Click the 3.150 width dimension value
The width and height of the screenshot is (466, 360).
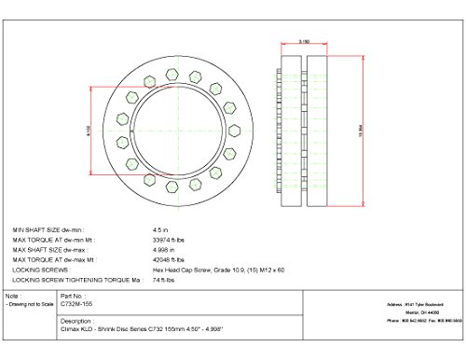[304, 42]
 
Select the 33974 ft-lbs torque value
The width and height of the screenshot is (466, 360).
[167, 238]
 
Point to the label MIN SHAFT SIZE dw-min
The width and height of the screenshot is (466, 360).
[47, 228]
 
